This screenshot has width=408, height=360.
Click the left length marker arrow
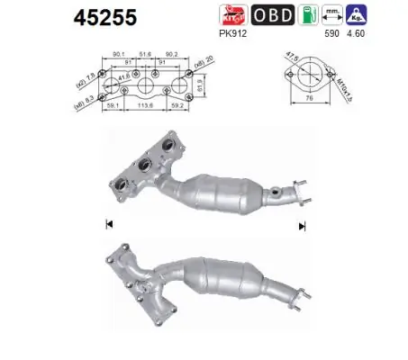coord(108,223)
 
